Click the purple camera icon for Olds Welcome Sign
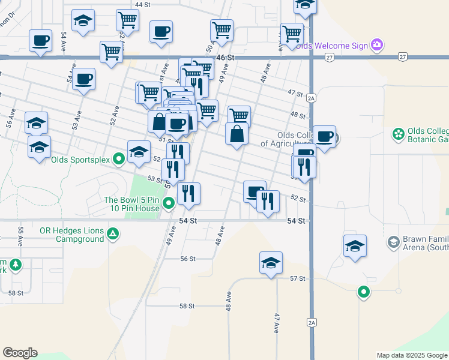coord(377,45)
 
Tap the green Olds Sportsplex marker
coord(119,160)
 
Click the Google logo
coord(20,353)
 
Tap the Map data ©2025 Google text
coord(412,355)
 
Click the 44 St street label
coord(142,4)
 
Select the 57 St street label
coord(298,279)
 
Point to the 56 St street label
coord(188,259)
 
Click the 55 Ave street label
coord(20,236)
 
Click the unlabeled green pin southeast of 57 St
coord(363,292)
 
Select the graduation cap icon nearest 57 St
coord(271,262)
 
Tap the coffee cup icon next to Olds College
coord(324,136)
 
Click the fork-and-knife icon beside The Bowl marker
coord(188,193)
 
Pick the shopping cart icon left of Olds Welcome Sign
coord(292,33)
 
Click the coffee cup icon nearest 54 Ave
coord(40,40)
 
